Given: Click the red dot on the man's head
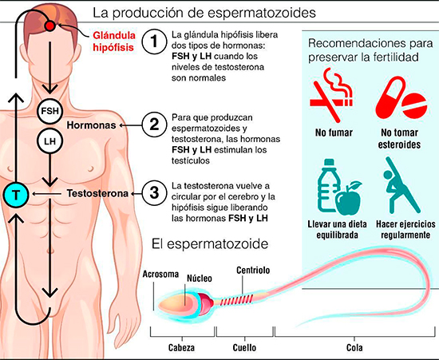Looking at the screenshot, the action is [x=49, y=26].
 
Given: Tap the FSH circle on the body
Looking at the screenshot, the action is [x=49, y=111].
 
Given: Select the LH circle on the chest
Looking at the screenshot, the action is [x=49, y=140].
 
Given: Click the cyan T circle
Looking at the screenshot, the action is [x=16, y=194].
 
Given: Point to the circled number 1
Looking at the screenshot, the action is [x=154, y=42].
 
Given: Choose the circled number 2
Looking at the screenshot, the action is [x=154, y=125].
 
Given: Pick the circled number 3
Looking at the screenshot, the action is [x=154, y=193].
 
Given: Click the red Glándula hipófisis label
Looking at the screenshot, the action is [x=114, y=42].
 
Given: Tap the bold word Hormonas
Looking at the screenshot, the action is [x=91, y=125].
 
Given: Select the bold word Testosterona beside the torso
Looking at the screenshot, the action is [x=97, y=193].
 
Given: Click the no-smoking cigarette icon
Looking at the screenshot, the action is [x=331, y=95].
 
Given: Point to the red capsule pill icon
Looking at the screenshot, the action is [x=390, y=97].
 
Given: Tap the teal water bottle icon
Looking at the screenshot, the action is [x=328, y=185].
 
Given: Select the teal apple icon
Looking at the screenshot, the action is [x=349, y=198].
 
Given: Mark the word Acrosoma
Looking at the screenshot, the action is [x=160, y=274].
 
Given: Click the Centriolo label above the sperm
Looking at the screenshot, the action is [x=253, y=270].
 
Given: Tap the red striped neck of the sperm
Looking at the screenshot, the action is [x=237, y=300].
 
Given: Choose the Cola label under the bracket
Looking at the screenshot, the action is [x=354, y=348].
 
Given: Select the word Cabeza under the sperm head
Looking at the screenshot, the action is [x=181, y=348].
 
